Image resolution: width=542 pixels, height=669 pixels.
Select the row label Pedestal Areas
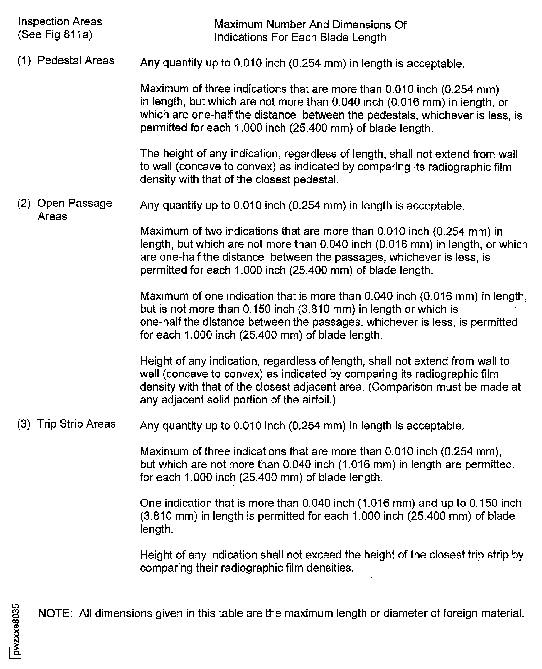click(76, 60)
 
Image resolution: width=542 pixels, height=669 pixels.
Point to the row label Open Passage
click(75, 203)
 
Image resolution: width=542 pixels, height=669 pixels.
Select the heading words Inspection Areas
click(60, 21)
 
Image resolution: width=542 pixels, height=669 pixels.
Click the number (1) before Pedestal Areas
click(24, 60)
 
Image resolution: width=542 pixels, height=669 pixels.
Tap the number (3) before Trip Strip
click(24, 424)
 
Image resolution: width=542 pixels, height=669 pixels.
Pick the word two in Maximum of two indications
click(213, 231)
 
